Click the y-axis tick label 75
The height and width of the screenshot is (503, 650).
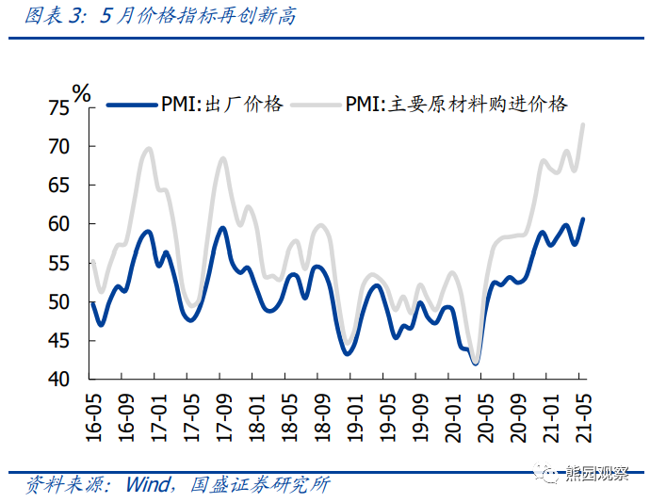(58, 107)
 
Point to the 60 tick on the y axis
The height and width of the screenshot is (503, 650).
(58, 224)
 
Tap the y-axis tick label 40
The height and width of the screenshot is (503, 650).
(58, 380)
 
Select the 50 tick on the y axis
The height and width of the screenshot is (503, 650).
(58, 302)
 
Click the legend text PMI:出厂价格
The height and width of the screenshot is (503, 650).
(220, 104)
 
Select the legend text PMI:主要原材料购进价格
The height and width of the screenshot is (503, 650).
(457, 104)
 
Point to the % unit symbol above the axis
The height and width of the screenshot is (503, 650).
(82, 92)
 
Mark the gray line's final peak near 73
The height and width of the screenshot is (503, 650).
(583, 124)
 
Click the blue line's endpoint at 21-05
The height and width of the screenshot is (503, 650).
(583, 219)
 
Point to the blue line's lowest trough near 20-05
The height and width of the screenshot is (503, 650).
(476, 364)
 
